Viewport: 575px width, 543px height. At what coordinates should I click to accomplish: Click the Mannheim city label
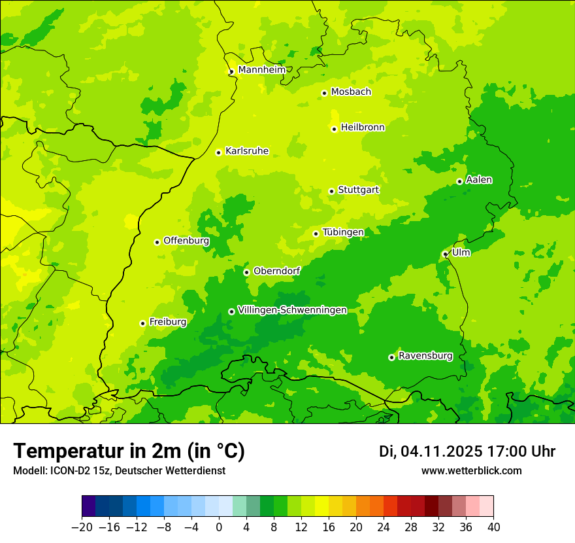tap(261, 70)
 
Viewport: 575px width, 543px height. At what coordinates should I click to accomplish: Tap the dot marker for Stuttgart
tap(331, 191)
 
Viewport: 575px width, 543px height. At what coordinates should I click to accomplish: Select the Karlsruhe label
tap(246, 151)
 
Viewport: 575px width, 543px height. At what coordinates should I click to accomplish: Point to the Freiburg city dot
tap(142, 323)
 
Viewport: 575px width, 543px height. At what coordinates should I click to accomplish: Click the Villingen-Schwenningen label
tap(292, 310)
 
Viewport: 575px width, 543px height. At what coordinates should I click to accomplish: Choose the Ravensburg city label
tap(425, 356)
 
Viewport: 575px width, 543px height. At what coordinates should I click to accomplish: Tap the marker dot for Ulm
tap(445, 254)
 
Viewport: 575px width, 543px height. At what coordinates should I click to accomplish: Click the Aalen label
tap(479, 180)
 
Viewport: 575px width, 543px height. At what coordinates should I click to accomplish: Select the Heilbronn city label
tap(363, 128)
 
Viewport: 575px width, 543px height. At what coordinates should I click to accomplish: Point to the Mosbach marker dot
tap(324, 93)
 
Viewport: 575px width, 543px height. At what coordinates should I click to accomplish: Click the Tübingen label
tap(343, 232)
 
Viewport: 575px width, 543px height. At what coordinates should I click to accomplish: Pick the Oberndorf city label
tap(276, 271)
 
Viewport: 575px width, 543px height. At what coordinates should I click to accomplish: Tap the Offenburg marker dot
tap(157, 242)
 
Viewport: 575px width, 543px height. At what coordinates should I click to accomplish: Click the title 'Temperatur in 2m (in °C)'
tap(129, 451)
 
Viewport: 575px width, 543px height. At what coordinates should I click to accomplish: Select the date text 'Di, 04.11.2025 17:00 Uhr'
tap(467, 451)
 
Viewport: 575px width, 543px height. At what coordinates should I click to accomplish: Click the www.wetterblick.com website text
tap(471, 470)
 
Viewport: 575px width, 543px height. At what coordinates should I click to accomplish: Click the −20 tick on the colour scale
tap(82, 527)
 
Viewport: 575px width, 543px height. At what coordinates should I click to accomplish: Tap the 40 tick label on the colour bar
tap(493, 527)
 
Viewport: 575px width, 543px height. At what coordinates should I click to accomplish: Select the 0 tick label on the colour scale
tap(219, 527)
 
